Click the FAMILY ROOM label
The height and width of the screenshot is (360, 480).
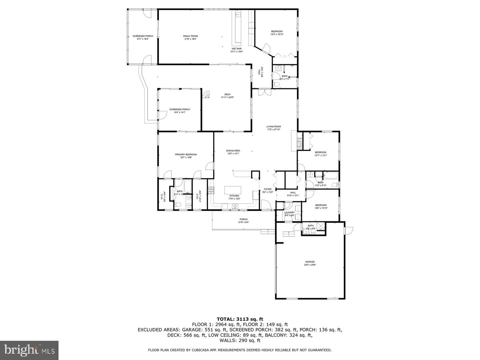190,36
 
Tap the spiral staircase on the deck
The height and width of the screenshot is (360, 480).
207,95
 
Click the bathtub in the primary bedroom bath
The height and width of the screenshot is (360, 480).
188,185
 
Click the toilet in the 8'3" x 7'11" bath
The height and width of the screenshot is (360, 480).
276,85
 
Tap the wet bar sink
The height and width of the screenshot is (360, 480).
238,15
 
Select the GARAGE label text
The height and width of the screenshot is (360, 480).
310,262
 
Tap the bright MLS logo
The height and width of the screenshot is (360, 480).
29,350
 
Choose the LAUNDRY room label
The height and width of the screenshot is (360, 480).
289,212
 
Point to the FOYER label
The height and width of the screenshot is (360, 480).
268,189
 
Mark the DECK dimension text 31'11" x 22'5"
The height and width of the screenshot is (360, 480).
227,97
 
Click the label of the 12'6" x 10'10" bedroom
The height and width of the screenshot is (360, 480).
321,205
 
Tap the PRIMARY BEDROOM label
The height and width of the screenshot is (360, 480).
186,154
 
